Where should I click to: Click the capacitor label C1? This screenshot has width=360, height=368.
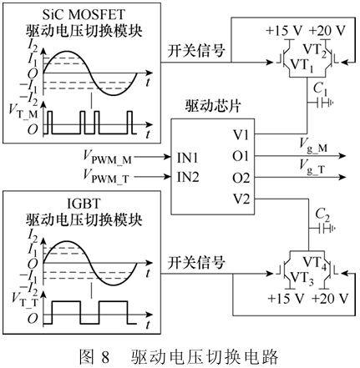pyautogui.click(x=321, y=89)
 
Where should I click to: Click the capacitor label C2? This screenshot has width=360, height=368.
pyautogui.click(x=322, y=215)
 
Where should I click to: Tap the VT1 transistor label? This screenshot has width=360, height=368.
pyautogui.click(x=302, y=66)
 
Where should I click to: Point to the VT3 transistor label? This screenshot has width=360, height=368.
pyautogui.click(x=302, y=278)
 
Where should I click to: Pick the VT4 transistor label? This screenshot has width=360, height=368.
pyautogui.click(x=315, y=263)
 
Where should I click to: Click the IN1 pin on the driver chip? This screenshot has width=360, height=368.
pyautogui.click(x=188, y=158)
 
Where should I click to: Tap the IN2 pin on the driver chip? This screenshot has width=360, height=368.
pyautogui.click(x=188, y=177)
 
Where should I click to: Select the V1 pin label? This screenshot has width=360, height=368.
pyautogui.click(x=241, y=135)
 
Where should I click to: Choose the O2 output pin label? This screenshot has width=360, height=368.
pyautogui.click(x=241, y=178)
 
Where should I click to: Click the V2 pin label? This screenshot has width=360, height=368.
pyautogui.click(x=241, y=199)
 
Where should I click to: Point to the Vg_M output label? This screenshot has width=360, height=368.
pyautogui.click(x=313, y=146)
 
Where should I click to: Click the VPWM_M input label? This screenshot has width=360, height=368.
pyautogui.click(x=108, y=157)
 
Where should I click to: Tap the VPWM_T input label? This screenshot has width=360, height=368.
pyautogui.click(x=106, y=176)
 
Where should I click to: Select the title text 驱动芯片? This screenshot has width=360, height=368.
pyautogui.click(x=213, y=106)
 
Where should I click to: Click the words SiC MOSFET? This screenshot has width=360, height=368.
pyautogui.click(x=84, y=14)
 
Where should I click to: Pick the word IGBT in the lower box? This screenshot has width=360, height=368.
pyautogui.click(x=84, y=204)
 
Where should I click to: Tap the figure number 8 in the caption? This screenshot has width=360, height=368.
pyautogui.click(x=105, y=357)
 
